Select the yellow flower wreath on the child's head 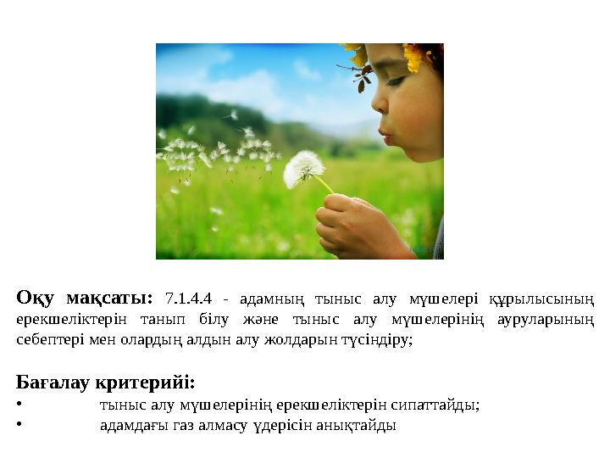coord(398,56)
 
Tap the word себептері coord(47,340)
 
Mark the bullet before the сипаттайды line coord(19,405)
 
